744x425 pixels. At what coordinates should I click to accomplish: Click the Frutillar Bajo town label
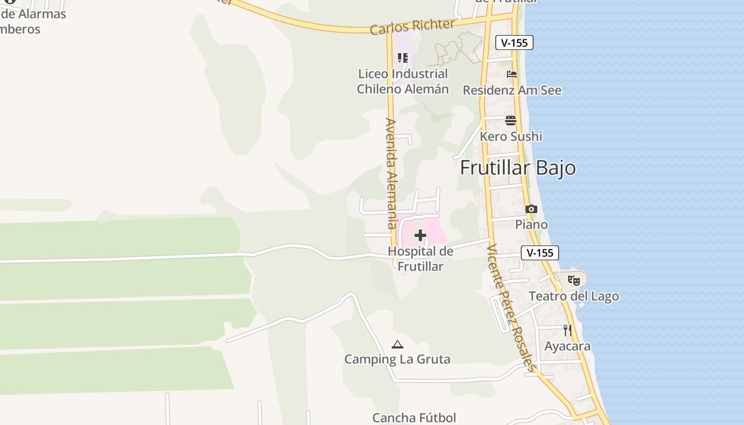coord(518,168)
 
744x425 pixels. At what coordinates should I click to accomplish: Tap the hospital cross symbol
coord(420,235)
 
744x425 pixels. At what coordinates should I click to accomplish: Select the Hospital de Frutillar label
coord(420,259)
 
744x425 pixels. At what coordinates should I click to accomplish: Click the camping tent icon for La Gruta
coord(397,345)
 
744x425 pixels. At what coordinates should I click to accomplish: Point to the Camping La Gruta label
coord(397,360)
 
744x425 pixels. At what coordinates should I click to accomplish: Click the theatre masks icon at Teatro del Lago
coord(573,280)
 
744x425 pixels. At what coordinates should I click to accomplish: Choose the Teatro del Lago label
coord(573,296)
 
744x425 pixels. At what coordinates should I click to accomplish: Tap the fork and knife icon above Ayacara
coord(567,330)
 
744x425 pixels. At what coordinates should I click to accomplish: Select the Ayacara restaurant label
coord(567,346)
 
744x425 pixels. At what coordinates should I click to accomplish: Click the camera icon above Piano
coord(531,209)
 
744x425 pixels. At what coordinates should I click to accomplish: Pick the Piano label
coord(531,225)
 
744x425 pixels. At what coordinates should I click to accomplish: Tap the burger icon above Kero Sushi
coord(511,121)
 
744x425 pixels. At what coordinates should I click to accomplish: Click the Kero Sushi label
coord(511,137)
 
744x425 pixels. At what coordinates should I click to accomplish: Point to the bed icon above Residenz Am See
coord(511,74)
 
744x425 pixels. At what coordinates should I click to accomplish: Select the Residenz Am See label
coord(512,90)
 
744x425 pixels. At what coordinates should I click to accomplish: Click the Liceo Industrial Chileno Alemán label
coord(402,81)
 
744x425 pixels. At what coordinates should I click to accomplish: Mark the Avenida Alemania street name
coord(391,174)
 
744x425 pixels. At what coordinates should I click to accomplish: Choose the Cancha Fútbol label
coord(414,418)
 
